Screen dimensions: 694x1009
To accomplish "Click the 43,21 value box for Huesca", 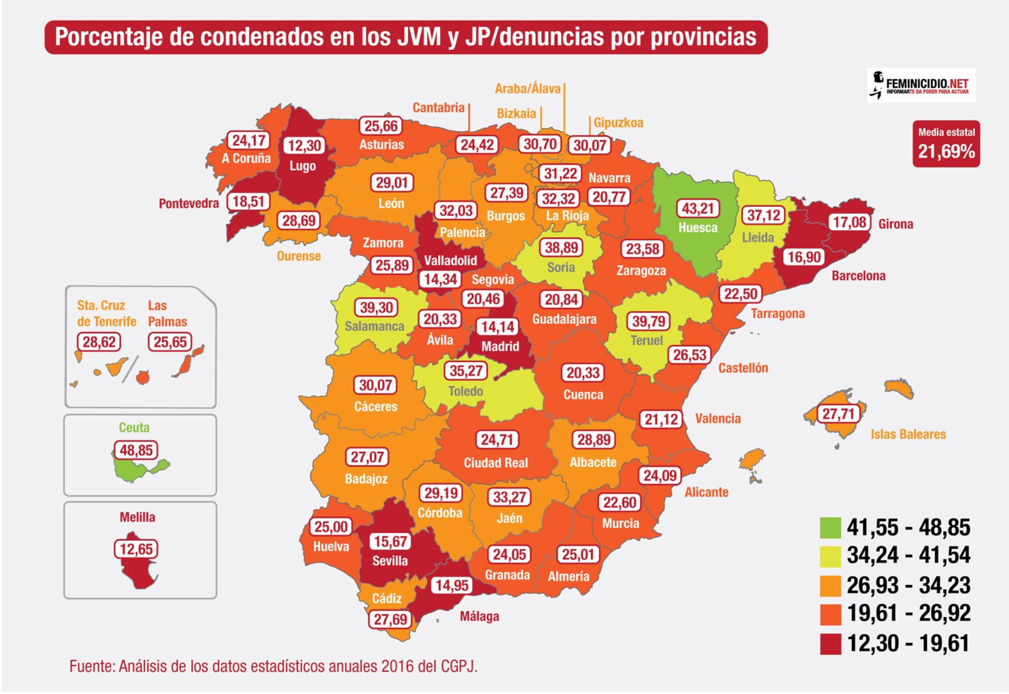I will [698, 208].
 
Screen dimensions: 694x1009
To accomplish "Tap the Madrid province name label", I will [499, 346].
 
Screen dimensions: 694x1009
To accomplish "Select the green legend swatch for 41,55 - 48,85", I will [830, 527].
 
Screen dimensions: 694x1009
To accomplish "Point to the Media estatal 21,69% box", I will [946, 144].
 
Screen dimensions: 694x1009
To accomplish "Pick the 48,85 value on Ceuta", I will [136, 450].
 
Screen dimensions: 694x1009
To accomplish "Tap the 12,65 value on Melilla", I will [136, 549].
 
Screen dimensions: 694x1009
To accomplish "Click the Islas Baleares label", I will [908, 434].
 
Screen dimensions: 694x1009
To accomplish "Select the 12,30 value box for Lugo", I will [304, 146].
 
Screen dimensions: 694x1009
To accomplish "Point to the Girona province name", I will [895, 224].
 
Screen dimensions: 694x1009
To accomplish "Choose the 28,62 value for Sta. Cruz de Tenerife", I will [99, 342].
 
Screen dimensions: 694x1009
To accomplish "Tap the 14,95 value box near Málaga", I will [452, 585].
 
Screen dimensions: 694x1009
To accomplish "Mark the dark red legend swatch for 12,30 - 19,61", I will [830, 644].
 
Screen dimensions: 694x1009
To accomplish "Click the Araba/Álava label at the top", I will [527, 89].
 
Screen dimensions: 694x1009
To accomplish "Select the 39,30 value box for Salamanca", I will [376, 307].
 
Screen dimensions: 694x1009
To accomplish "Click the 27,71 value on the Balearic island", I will [838, 414].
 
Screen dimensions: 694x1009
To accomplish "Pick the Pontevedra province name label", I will [189, 203].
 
